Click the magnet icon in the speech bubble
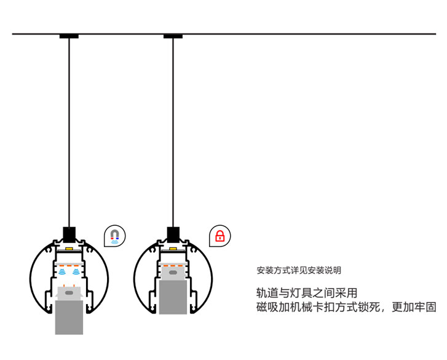116,235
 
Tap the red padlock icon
220,236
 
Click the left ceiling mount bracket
69,36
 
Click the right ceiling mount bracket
173,36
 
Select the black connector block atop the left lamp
69,234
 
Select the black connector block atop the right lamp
173,234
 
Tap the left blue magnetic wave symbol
62,271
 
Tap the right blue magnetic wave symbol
76,271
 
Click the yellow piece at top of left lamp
69,249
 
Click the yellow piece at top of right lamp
173,249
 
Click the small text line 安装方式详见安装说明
298,270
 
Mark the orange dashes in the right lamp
173,265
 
